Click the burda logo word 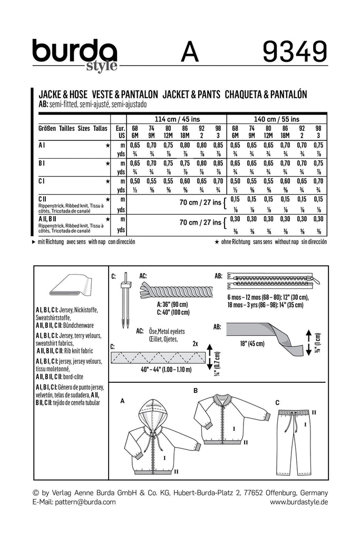point(74,51)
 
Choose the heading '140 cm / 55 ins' point(277,119)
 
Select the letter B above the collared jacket point(195,391)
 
